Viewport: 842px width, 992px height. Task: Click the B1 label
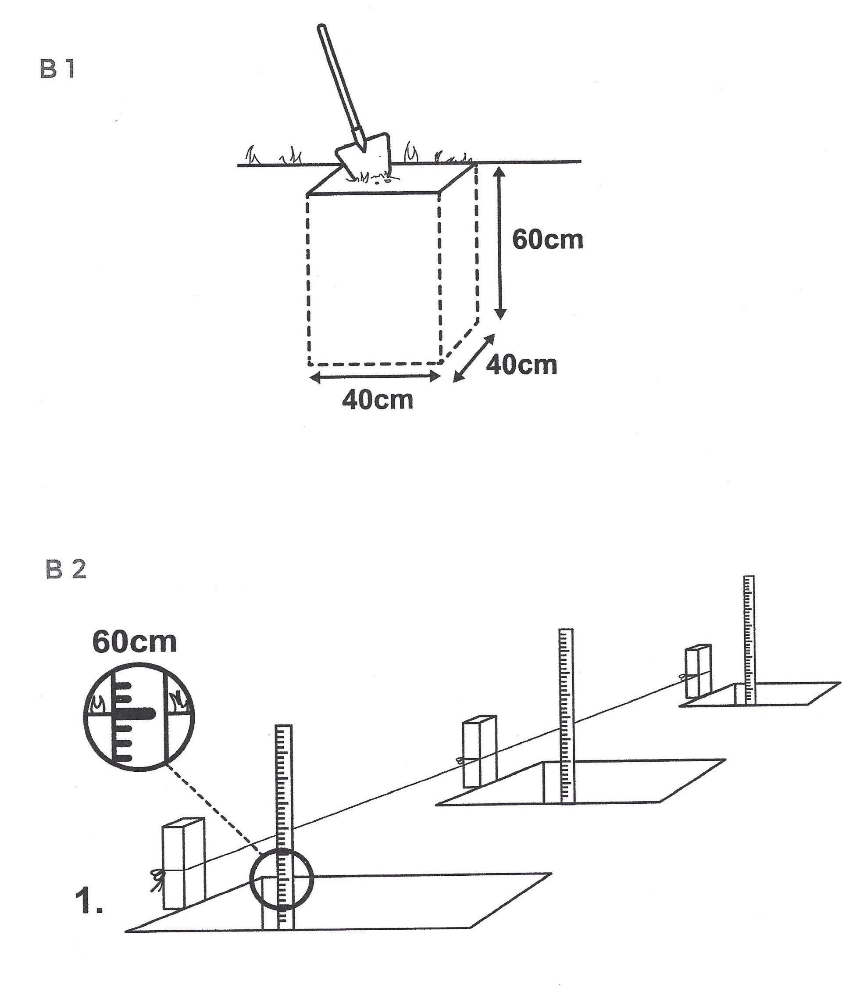point(58,70)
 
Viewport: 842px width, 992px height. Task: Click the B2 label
point(66,569)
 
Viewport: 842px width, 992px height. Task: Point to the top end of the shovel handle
point(321,28)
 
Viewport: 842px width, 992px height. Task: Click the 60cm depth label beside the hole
point(547,239)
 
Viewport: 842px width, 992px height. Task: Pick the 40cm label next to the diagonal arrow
point(522,365)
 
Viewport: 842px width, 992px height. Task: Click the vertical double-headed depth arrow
point(500,243)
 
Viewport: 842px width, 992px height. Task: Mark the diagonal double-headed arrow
point(474,358)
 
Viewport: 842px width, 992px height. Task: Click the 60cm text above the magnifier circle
point(134,642)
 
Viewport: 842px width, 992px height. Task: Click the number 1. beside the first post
point(89,901)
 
